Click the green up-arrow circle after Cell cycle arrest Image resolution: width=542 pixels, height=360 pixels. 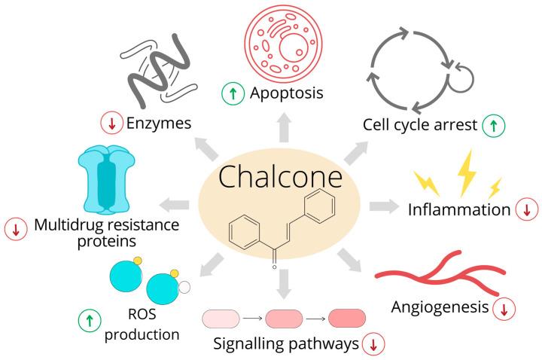coord(494,124)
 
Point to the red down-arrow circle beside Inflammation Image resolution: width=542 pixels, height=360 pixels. coord(526,209)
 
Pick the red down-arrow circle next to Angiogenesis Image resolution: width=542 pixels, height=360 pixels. coord(504,307)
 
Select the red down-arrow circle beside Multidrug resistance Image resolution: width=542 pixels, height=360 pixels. coord(14,229)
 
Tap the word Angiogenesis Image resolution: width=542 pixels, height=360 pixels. coord(440,307)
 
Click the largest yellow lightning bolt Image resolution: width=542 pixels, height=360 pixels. coord(467,171)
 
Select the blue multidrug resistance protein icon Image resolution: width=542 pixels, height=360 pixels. coord(108,181)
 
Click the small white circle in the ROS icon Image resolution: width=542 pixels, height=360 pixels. coord(184,287)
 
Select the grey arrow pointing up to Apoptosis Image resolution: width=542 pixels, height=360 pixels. coord(283,129)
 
